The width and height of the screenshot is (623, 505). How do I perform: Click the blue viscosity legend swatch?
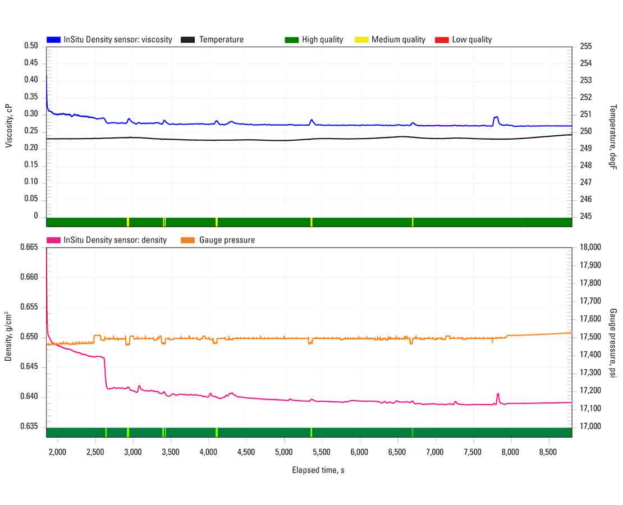(x=53, y=40)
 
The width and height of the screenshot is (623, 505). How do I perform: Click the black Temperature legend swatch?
(x=187, y=40)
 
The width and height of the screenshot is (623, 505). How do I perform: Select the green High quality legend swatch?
(x=291, y=40)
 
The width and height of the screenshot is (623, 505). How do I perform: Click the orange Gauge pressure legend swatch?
(x=187, y=240)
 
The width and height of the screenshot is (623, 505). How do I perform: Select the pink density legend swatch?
(x=53, y=240)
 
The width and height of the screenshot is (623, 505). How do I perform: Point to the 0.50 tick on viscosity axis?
(x=31, y=46)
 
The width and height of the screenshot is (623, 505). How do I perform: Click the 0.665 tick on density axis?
(x=29, y=247)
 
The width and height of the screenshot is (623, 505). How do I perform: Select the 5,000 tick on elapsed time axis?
(x=284, y=452)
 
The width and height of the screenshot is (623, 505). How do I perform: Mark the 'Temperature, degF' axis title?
(x=613, y=137)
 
